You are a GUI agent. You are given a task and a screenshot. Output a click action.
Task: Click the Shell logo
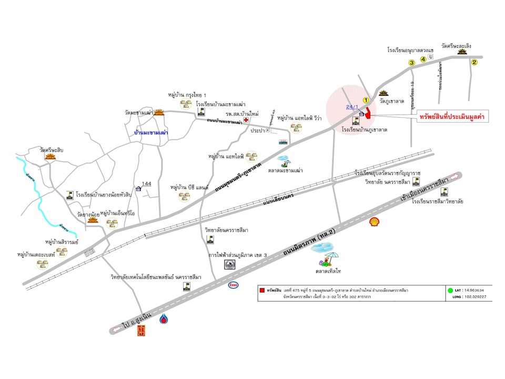[375, 222]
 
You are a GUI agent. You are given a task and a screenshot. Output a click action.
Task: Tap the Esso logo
[233, 285]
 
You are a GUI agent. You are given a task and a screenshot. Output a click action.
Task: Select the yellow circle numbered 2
[474, 63]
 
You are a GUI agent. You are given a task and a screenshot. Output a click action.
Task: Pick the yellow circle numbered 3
[412, 63]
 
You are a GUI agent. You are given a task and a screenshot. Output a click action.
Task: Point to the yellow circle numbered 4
[423, 59]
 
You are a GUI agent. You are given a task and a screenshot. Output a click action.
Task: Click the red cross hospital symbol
[246, 120]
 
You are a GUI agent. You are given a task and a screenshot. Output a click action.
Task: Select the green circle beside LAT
[450, 290]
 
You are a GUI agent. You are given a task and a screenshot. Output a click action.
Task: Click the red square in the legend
[261, 290]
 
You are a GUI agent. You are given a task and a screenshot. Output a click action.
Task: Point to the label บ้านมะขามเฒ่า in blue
[151, 133]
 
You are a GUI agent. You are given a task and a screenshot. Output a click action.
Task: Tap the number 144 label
[147, 184]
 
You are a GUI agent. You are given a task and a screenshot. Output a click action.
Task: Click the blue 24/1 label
[352, 107]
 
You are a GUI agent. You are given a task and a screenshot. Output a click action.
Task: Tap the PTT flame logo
[165, 319]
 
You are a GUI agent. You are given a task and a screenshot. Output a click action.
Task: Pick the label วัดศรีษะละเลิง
[460, 46]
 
